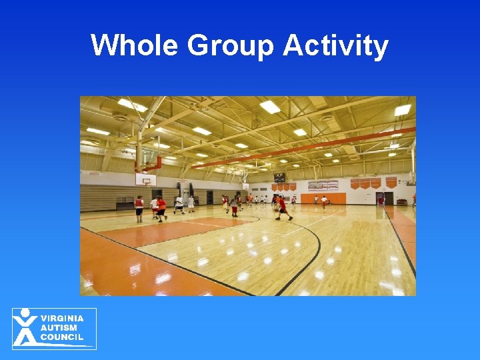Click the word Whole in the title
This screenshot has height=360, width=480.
coord(135,46)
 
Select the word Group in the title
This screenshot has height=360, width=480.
coord(230,46)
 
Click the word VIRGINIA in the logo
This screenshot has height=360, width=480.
coord(62,319)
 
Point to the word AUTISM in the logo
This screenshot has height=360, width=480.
coord(58,328)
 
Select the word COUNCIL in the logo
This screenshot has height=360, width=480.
coord(62,337)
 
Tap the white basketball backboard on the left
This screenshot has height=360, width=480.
coord(145,179)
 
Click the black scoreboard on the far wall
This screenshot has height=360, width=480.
coord(279,178)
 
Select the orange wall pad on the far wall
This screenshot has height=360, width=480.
coord(323,198)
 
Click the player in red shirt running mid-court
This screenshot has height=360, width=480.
coord(282,207)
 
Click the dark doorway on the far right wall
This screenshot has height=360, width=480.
coord(388,198)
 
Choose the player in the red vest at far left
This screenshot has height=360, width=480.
coord(139,208)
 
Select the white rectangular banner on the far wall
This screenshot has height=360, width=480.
coord(323,185)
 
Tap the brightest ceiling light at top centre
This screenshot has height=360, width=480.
coord(270,107)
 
